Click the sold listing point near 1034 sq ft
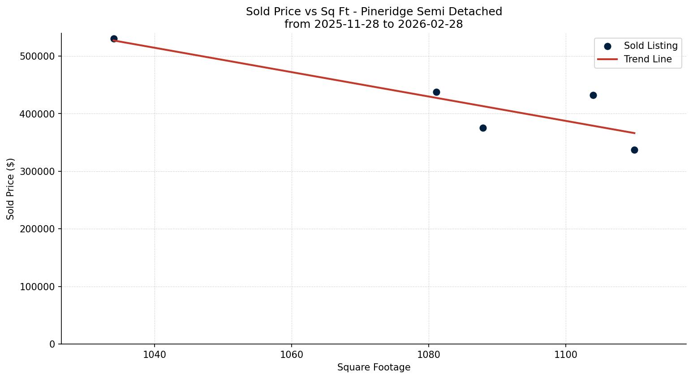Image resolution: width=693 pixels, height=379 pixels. click(114, 39)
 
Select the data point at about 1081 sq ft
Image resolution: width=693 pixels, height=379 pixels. click(436, 92)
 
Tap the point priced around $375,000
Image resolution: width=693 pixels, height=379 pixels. click(483, 128)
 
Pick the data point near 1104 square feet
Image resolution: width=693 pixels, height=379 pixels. click(593, 96)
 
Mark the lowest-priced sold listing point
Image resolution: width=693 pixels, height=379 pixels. click(634, 150)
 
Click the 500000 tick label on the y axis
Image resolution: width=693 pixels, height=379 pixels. click(38, 57)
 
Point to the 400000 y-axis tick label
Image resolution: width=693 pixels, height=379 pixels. click(38, 114)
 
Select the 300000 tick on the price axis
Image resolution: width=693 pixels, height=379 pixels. click(38, 172)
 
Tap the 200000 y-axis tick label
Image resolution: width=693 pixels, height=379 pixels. click(38, 229)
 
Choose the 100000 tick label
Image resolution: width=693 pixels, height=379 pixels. click(38, 287)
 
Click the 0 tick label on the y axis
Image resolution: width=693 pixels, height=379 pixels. click(52, 344)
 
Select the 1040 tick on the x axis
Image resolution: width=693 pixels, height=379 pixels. click(155, 355)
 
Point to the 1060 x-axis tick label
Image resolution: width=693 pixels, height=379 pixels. click(292, 355)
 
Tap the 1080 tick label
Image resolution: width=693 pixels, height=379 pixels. click(429, 355)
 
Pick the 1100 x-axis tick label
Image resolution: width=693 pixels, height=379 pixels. click(566, 355)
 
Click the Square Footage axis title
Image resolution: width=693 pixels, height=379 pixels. click(374, 368)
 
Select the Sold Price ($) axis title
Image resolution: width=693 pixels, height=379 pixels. click(11, 189)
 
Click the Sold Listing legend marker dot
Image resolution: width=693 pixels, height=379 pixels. click(607, 46)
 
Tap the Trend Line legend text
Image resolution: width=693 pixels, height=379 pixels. click(648, 59)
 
